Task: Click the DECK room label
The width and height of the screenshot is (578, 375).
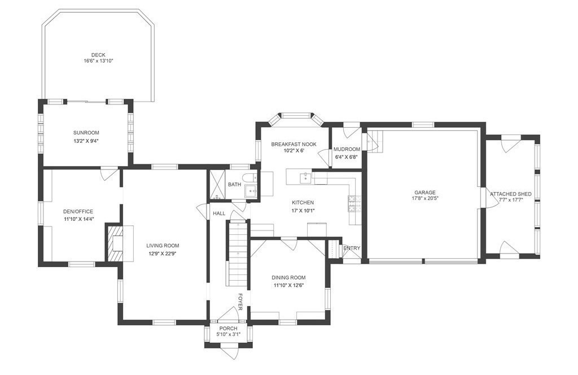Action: [98, 55]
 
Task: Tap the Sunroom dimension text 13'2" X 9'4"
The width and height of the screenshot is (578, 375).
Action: [86, 141]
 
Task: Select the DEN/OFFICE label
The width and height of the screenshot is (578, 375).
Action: [78, 212]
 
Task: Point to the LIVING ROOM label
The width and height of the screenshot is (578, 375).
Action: [163, 246]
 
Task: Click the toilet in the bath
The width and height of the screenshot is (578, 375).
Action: [251, 177]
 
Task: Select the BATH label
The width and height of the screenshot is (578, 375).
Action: [234, 184]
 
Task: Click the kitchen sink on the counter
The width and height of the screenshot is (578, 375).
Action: [305, 178]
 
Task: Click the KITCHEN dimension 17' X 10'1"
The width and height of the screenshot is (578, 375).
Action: [303, 211]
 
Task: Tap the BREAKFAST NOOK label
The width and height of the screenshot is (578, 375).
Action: [294, 144]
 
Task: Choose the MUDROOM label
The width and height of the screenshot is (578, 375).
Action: [347, 149]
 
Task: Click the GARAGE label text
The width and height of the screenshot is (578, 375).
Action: [425, 193]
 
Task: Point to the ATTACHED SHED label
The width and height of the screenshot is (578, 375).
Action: [511, 194]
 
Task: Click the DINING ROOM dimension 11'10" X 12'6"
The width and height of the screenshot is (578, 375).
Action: [288, 285]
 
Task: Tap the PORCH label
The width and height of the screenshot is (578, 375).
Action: [228, 329]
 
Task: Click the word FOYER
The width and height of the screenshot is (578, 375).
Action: [240, 302]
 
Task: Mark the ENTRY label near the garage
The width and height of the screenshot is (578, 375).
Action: [352, 248]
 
